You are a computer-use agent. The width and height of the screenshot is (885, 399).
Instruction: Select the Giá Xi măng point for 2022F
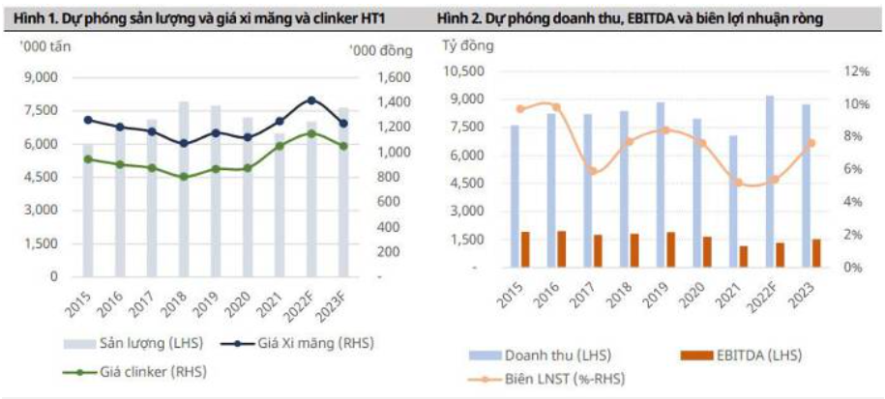[x=310, y=100]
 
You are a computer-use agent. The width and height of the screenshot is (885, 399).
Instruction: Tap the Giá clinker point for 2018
[x=183, y=177]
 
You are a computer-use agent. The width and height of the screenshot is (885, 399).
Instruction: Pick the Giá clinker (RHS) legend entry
[x=136, y=370]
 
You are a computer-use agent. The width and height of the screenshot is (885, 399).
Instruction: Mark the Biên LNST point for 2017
[x=594, y=171]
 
